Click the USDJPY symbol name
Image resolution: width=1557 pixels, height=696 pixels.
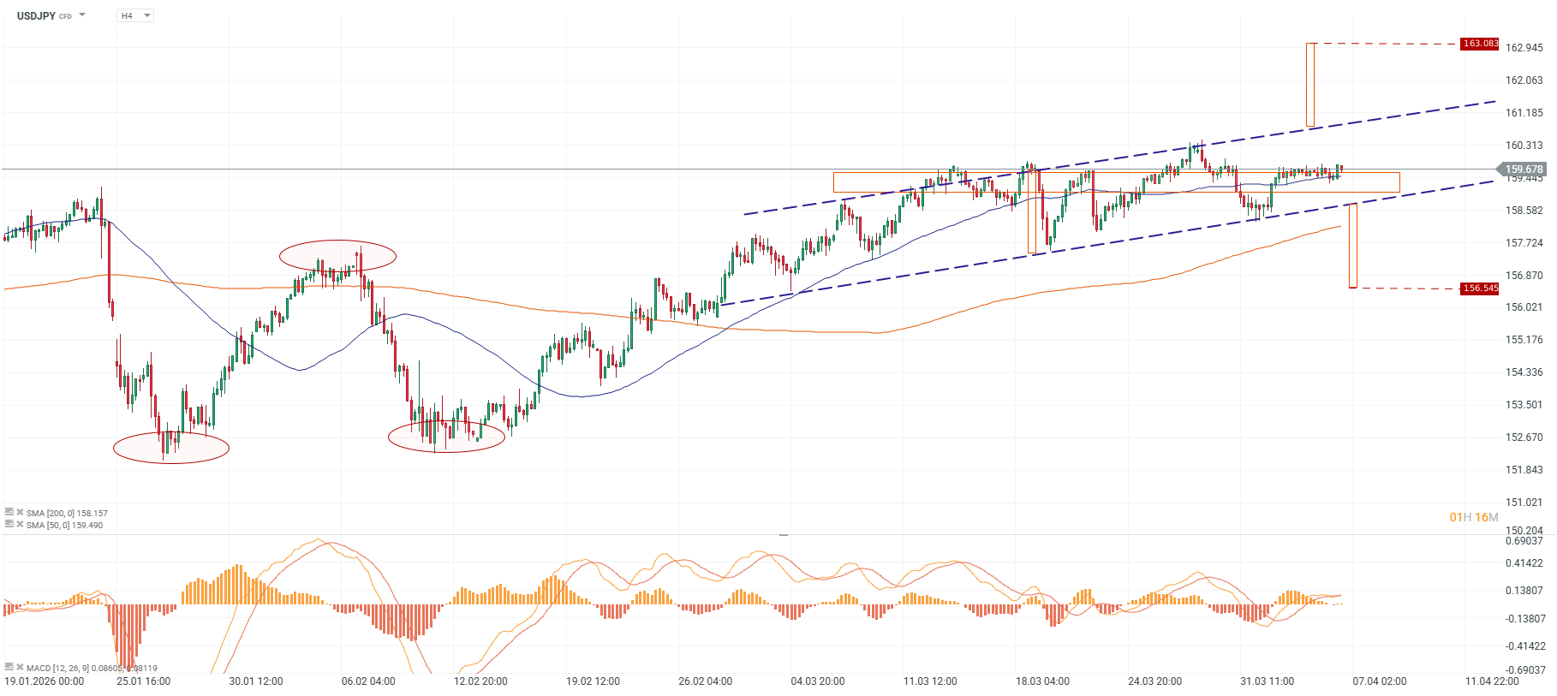tap(36, 15)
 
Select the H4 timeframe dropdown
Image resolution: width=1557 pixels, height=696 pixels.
tap(134, 15)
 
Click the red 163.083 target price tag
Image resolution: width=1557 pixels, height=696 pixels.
tap(1480, 44)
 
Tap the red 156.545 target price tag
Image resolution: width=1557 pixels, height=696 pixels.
tap(1480, 289)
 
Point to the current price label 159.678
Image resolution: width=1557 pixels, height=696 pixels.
tap(1524, 170)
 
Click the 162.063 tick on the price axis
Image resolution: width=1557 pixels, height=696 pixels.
tap(1524, 80)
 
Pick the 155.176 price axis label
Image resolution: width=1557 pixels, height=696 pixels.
tap(1524, 340)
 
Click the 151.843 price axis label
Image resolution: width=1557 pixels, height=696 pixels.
tap(1524, 470)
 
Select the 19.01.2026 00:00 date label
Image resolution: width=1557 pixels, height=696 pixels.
tap(45, 681)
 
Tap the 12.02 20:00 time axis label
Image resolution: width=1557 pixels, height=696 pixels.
tap(480, 681)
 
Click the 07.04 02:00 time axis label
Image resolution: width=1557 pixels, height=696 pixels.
tap(1379, 681)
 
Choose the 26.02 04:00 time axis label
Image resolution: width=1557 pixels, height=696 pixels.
tap(705, 681)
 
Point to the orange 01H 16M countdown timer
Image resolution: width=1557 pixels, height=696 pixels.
tap(1473, 517)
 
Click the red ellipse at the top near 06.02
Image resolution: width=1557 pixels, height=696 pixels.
tap(337, 255)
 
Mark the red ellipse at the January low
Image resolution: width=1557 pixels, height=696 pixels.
tap(171, 448)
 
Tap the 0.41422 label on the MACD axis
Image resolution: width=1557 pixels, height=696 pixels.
tap(1524, 563)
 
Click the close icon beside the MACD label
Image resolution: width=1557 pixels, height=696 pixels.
tap(20, 667)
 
